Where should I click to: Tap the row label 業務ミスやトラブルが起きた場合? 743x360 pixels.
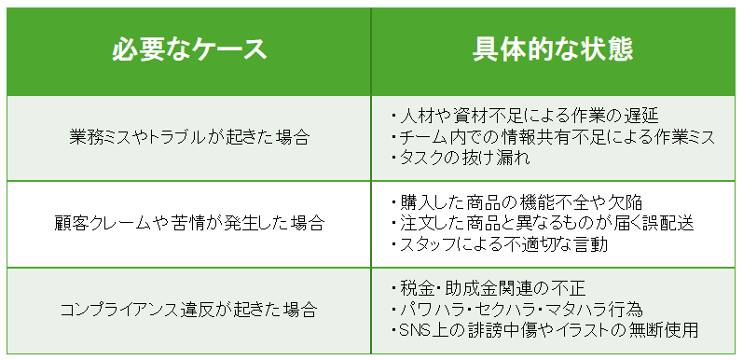[189, 137]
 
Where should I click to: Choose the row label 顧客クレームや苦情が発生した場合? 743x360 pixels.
[189, 224]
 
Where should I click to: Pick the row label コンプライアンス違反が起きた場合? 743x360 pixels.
[189, 309]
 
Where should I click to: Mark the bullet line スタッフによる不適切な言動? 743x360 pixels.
[503, 244]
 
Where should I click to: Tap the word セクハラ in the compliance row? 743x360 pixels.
[513, 309]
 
